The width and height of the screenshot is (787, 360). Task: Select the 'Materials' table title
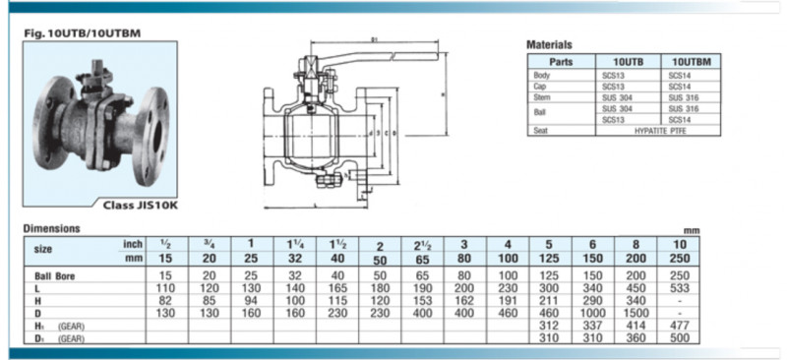[549, 45]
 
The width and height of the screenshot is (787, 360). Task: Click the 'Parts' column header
[561, 60]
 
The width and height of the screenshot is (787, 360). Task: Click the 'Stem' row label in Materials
[542, 97]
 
